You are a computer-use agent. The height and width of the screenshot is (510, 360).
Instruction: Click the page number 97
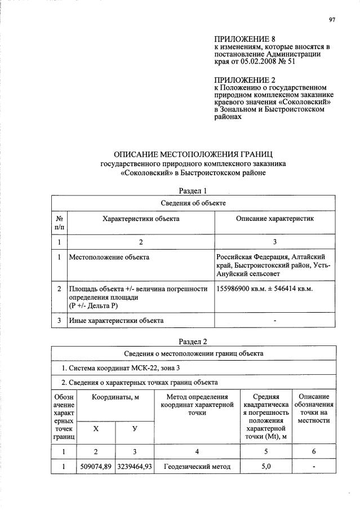click(332, 20)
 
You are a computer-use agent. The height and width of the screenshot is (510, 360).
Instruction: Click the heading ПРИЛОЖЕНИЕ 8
click(242, 39)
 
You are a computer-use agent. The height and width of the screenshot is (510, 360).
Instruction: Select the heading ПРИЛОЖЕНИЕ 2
click(242, 79)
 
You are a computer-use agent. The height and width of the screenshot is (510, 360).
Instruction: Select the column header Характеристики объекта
click(140, 218)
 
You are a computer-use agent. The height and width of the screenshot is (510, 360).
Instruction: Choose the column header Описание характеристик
click(275, 218)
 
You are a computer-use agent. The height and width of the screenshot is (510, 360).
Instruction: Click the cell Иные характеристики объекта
click(116, 321)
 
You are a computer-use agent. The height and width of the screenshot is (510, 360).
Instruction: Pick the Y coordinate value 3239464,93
click(135, 467)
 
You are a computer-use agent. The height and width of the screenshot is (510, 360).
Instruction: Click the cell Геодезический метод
click(197, 467)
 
